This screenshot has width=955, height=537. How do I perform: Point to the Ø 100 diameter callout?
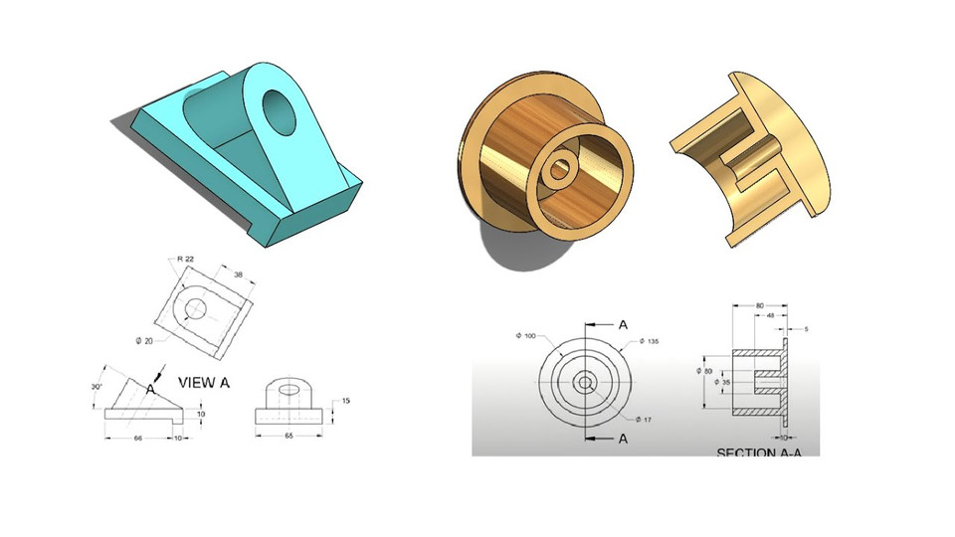(526, 336)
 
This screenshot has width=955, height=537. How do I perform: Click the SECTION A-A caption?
(759, 452)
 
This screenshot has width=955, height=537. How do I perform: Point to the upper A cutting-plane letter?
(623, 324)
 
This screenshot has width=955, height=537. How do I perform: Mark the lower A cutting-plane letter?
(623, 438)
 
